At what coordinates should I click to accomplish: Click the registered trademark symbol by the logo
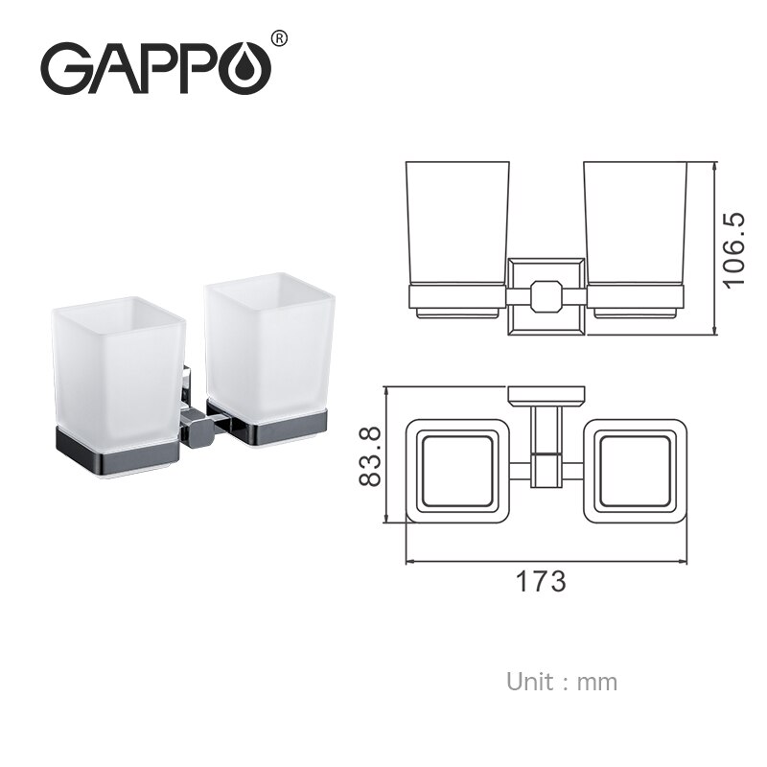[x=279, y=38]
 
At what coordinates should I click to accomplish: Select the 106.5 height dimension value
[x=733, y=250]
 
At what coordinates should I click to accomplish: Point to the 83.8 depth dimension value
[x=369, y=455]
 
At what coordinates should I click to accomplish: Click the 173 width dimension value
[x=542, y=580]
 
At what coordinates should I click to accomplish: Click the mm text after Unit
[x=599, y=683]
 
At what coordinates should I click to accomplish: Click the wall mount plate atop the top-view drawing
[x=546, y=393]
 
